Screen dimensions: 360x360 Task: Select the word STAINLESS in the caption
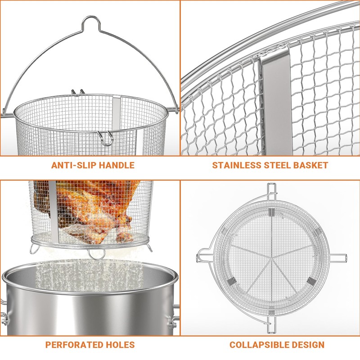(x=236, y=165)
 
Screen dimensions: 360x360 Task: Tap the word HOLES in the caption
(x=118, y=345)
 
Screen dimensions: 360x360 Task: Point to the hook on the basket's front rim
(x=106, y=137)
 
